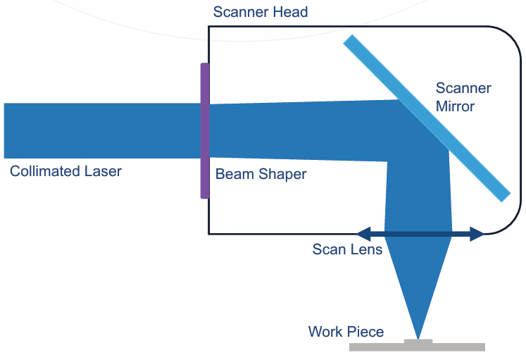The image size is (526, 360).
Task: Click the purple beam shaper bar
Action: point(205,131)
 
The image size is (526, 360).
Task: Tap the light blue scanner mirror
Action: point(427,118)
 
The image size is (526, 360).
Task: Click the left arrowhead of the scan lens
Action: point(362,233)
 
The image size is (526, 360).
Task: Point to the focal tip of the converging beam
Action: point(419,337)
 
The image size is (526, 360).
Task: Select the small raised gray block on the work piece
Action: point(419,342)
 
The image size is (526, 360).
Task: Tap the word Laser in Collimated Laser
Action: point(100,171)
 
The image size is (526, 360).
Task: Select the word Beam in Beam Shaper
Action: point(232,174)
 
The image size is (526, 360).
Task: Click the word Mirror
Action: point(455,107)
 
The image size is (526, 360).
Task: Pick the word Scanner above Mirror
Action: point(463,89)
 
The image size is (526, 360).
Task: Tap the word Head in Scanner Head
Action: point(292,13)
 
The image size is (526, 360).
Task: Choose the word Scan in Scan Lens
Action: point(328,249)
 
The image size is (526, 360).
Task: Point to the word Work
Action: point(325,332)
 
